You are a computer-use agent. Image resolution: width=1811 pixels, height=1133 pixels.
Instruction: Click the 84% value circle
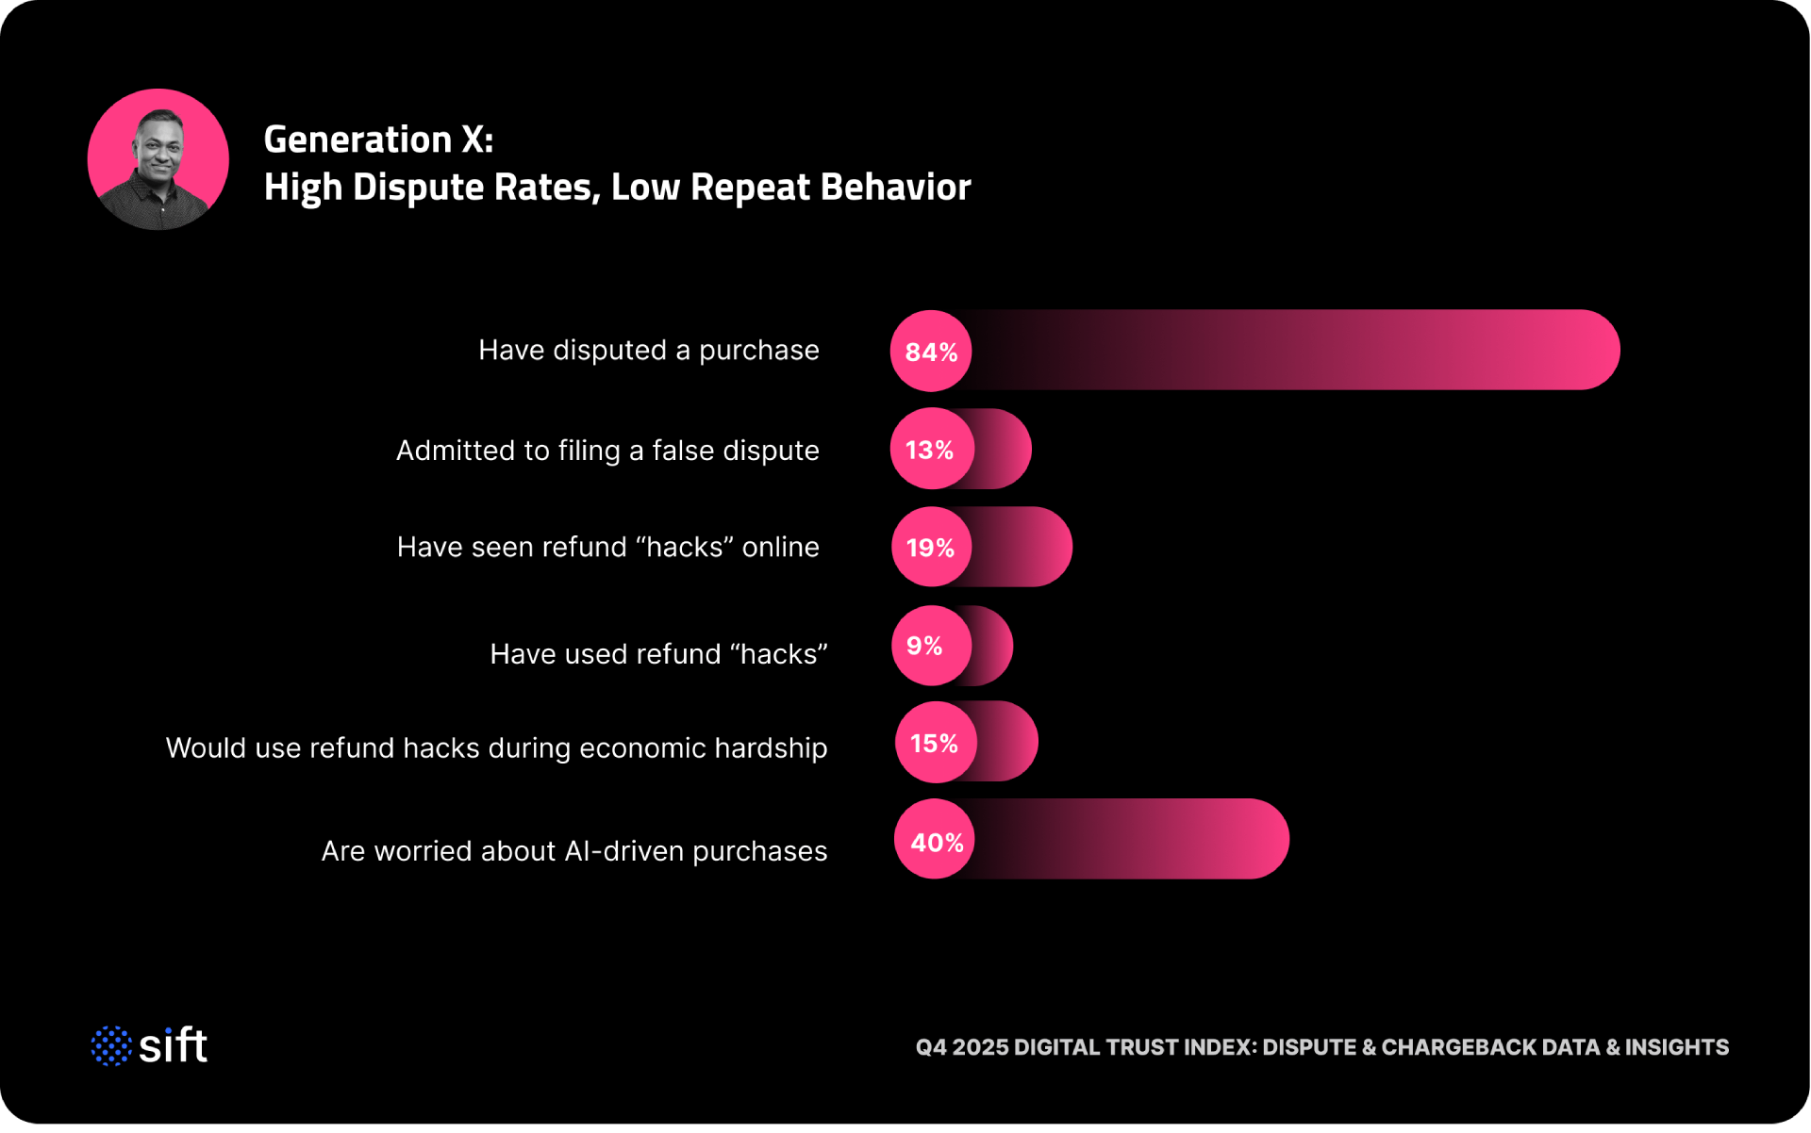(931, 352)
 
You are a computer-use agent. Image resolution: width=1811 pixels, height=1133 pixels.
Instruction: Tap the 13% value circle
(931, 450)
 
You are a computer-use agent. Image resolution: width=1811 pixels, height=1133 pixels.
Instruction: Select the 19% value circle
(931, 548)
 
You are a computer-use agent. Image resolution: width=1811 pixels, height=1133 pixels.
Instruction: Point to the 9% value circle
(929, 646)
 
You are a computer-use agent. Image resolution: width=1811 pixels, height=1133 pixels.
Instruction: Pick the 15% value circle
(935, 743)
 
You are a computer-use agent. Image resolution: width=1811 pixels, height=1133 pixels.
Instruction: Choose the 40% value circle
(935, 841)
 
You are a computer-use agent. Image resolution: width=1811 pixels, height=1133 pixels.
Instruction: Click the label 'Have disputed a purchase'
(648, 351)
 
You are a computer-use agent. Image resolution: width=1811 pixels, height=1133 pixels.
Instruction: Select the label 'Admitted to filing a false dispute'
(607, 451)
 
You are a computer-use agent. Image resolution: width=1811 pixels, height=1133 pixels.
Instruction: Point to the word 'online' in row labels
(780, 548)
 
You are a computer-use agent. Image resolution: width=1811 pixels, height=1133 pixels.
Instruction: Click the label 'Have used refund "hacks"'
(657, 654)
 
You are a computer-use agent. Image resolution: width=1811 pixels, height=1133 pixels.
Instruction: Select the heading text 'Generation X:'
(378, 140)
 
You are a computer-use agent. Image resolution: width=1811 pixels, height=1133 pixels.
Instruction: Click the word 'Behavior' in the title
(895, 188)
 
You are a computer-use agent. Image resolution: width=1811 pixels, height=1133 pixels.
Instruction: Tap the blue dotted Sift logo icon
(111, 1046)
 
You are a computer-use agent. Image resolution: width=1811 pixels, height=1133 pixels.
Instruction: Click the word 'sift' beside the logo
(174, 1045)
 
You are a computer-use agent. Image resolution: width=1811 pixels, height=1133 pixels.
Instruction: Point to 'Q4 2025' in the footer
(961, 1048)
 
